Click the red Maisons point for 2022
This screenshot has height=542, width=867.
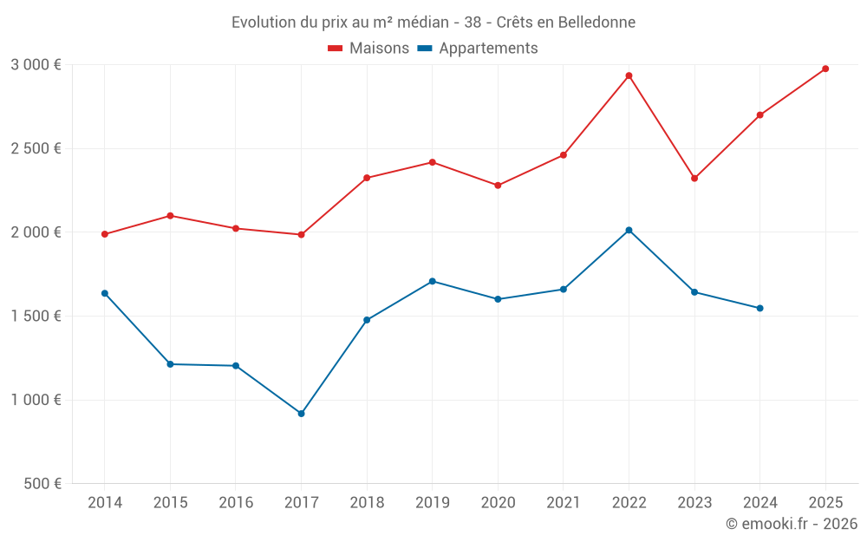point(629,75)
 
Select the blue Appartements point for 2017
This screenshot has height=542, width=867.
point(301,414)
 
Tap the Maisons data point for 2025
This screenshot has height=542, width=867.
point(825,69)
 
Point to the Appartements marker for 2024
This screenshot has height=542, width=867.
point(759,308)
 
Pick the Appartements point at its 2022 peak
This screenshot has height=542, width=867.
point(629,230)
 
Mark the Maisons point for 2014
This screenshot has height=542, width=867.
point(105,234)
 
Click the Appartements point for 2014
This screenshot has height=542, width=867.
point(105,293)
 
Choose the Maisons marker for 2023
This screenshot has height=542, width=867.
point(694,178)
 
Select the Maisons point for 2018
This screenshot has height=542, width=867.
point(367,178)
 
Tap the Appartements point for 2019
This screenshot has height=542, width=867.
point(432,281)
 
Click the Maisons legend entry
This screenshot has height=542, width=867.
point(368,49)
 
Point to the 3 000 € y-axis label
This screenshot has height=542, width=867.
point(36,64)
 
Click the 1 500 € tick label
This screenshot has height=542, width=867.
point(36,316)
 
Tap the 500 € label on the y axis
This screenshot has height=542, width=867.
point(41,484)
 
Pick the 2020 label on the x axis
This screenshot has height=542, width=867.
point(498,502)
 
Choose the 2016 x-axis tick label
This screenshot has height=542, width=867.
point(236,502)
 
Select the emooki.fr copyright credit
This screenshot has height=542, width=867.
point(791,524)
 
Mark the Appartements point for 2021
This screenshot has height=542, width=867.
point(564,289)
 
